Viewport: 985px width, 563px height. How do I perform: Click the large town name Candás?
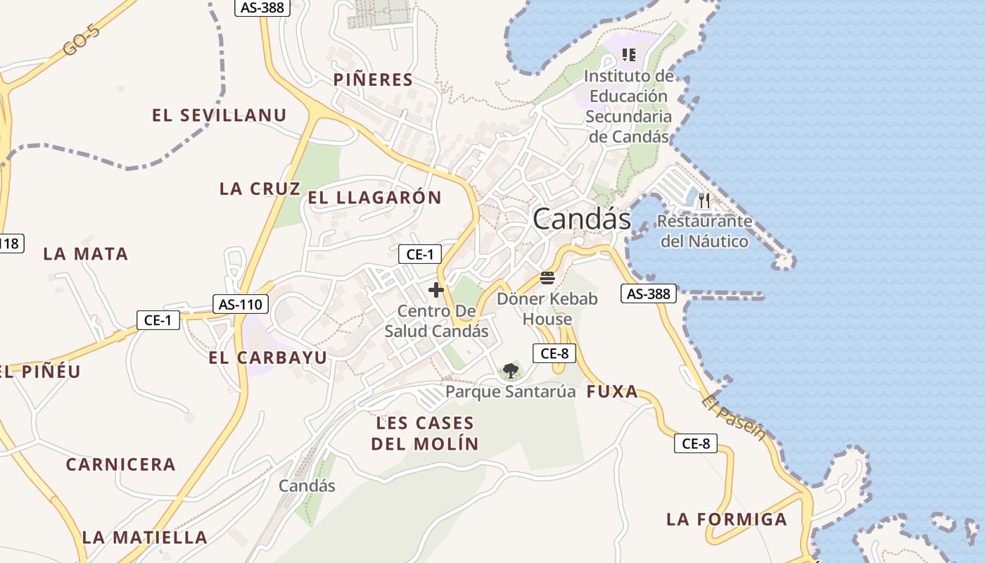click(x=582, y=220)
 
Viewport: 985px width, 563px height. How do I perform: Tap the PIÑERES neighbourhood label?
click(x=373, y=80)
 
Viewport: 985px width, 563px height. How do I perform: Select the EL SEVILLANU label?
click(x=220, y=115)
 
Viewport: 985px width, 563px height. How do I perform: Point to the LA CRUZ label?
click(x=260, y=189)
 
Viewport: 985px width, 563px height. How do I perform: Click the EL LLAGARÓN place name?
click(x=374, y=198)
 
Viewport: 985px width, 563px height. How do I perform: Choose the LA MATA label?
click(x=86, y=254)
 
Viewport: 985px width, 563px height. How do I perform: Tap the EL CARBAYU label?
click(x=268, y=358)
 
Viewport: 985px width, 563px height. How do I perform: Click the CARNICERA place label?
click(x=121, y=464)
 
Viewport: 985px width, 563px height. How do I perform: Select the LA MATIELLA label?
click(x=145, y=538)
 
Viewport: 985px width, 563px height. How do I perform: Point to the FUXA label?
click(x=612, y=392)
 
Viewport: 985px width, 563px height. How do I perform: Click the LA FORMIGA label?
click(x=727, y=519)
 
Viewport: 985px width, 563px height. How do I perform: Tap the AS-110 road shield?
click(x=241, y=304)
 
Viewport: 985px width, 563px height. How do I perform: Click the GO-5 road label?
click(x=81, y=39)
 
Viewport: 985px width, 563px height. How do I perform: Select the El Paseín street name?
click(x=732, y=417)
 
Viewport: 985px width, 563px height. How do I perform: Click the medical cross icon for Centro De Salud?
click(x=436, y=289)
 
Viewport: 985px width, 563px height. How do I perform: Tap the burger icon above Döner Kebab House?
click(x=547, y=277)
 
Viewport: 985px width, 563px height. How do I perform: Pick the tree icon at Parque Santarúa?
click(x=510, y=371)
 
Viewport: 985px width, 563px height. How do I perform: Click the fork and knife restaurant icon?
click(x=705, y=201)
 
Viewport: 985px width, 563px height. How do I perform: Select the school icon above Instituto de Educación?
click(x=629, y=54)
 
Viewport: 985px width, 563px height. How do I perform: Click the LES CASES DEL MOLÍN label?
click(x=425, y=434)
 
